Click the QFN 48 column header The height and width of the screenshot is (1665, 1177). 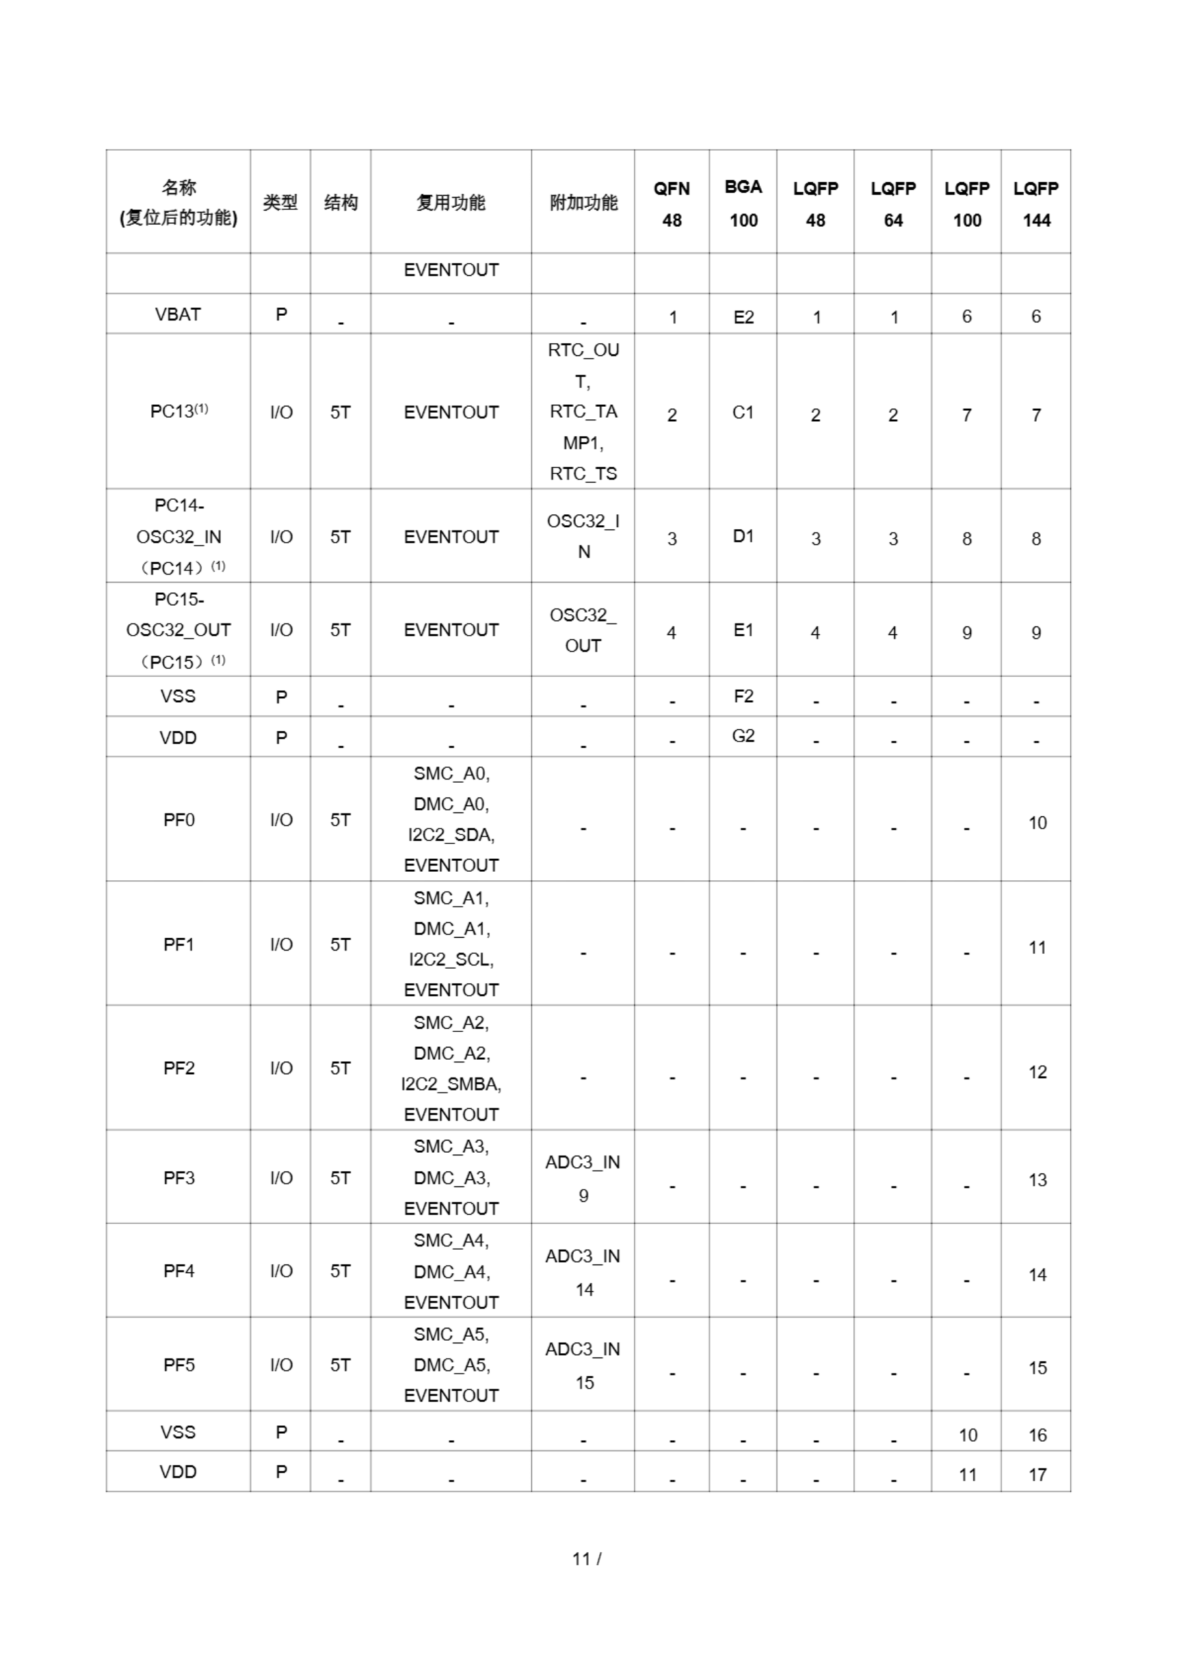point(672,204)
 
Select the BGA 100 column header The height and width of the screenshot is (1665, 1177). point(743,204)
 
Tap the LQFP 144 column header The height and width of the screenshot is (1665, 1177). point(1036,204)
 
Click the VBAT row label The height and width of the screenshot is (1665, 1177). point(178,314)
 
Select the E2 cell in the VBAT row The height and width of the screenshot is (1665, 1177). point(743,317)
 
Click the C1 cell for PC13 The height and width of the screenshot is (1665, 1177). point(743,412)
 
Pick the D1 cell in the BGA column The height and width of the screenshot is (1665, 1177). point(743,536)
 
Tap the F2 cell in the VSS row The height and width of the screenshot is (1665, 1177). point(743,696)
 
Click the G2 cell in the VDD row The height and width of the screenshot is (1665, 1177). point(743,736)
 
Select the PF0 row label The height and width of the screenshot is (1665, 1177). point(178,819)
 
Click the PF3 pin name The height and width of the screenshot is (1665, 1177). point(178,1178)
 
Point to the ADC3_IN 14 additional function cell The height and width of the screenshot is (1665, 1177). point(583,1272)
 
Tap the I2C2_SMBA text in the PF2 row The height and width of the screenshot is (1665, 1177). point(451,1084)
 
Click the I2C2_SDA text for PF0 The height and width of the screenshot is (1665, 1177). point(451,834)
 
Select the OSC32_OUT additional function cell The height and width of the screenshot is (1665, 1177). point(583,630)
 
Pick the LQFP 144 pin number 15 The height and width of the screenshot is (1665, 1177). point(1037,1368)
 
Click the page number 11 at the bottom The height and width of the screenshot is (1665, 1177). point(581,1558)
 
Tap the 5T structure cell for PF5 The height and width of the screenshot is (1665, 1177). point(340,1365)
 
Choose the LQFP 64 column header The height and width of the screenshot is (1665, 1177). point(893,204)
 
